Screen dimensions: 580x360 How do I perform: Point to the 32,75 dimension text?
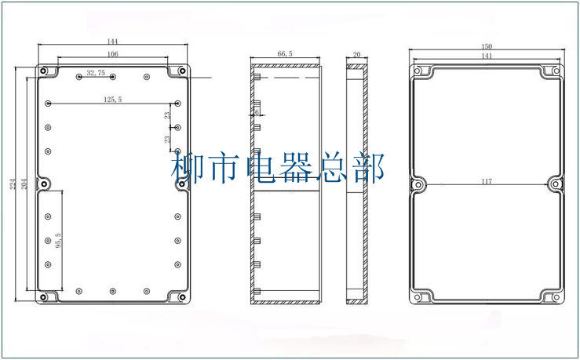pyautogui.click(x=97, y=72)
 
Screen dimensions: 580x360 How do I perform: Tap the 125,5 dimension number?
pyautogui.click(x=112, y=99)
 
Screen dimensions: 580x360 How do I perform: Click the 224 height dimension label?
pyautogui.click(x=13, y=184)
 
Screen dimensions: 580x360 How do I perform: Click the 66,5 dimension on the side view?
pyautogui.click(x=286, y=53)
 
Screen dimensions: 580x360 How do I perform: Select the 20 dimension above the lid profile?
pyautogui.click(x=357, y=54)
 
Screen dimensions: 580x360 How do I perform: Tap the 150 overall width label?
pyautogui.click(x=487, y=46)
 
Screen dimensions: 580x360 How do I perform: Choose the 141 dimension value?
pyautogui.click(x=487, y=56)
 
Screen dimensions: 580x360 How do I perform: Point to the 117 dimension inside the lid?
pyautogui.click(x=487, y=182)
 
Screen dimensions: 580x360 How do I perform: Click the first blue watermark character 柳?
pyautogui.click(x=187, y=169)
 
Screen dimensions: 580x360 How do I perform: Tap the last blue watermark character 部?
pyautogui.click(x=370, y=169)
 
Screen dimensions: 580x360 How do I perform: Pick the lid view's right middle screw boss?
pyautogui.click(x=556, y=185)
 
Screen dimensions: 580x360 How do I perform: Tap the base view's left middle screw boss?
pyautogui.click(x=45, y=184)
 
